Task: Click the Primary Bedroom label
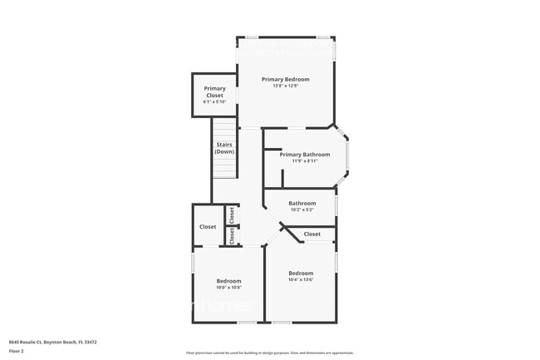285,79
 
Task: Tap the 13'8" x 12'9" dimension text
285,86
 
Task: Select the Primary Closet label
214,91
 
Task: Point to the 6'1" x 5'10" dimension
214,101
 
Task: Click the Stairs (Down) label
224,148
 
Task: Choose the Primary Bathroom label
304,155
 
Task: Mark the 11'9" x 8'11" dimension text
304,161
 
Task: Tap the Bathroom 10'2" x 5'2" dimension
302,210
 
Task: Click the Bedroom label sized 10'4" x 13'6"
301,274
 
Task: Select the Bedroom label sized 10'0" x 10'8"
229,280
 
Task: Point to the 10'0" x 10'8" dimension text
229,288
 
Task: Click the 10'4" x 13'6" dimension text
301,280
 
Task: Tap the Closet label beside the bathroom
312,234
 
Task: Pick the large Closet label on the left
208,227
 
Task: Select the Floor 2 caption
17,350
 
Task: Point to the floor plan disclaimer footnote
271,353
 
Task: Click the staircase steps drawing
223,167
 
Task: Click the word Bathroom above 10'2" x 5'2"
302,203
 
